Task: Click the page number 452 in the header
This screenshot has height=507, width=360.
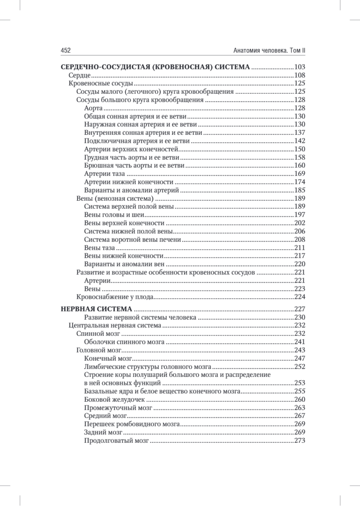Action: point(65,50)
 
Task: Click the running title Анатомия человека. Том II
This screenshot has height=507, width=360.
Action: point(269,50)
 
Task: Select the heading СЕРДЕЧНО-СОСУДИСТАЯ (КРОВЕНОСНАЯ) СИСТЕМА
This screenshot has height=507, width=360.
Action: point(155,67)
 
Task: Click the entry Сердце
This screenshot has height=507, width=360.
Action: point(79,75)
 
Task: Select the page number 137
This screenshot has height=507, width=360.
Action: point(300,133)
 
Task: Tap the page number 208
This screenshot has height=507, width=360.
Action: point(300,240)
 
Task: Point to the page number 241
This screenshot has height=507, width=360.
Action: point(300,342)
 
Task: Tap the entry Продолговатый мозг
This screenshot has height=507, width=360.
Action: point(117,440)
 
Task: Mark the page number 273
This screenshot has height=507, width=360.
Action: point(300,440)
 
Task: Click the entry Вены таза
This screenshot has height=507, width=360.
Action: point(100,248)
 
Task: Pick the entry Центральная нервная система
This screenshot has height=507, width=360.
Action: point(115,325)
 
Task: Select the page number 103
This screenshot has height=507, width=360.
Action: point(300,67)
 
